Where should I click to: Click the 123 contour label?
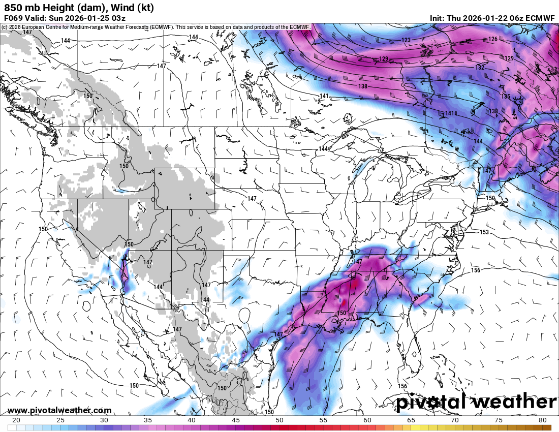(406, 40)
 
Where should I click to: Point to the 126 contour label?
(493, 39)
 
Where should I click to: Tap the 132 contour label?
(480, 68)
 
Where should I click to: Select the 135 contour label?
(506, 97)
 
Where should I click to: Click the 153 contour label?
(484, 232)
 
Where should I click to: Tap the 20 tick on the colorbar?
(16, 420)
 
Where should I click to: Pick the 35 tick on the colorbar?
(148, 420)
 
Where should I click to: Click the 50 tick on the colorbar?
(279, 420)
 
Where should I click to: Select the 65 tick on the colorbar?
(411, 420)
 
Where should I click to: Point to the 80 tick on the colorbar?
(542, 420)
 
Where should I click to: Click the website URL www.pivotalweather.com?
(59, 410)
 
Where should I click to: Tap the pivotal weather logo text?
(476, 402)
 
